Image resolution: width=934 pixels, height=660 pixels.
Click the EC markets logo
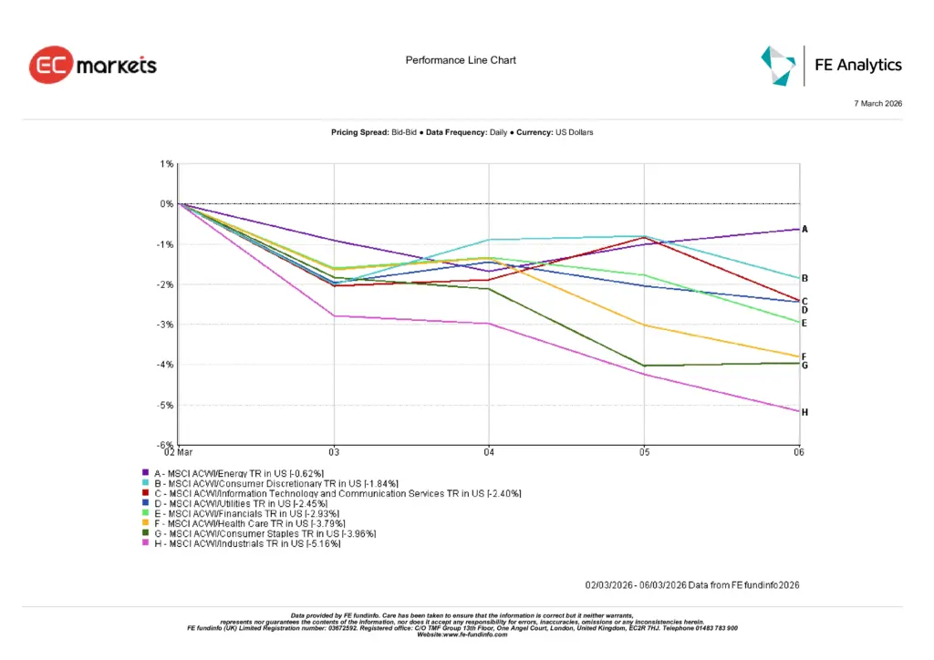pos(93,66)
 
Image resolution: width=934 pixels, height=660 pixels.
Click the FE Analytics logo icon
pos(779,65)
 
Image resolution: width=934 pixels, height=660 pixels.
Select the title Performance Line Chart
pos(461,60)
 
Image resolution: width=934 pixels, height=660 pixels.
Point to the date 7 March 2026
pos(877,104)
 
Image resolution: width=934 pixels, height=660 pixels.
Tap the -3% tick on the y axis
pos(167,325)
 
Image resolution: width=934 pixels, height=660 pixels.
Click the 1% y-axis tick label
pos(168,164)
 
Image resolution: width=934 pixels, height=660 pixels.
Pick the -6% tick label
pos(167,445)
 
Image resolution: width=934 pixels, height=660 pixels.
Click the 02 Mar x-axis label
pos(179,452)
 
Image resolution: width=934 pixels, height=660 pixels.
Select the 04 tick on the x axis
pos(489,452)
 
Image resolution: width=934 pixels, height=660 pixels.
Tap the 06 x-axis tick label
pos(798,452)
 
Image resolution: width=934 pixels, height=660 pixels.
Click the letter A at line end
pos(804,230)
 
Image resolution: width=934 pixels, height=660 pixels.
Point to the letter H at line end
pos(804,413)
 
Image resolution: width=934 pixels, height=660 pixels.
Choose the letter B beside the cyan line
pos(804,279)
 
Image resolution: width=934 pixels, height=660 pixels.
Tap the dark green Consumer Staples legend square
pos(145,533)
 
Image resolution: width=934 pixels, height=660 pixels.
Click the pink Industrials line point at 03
pos(334,316)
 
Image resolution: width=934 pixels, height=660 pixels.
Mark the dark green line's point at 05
pos(644,366)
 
